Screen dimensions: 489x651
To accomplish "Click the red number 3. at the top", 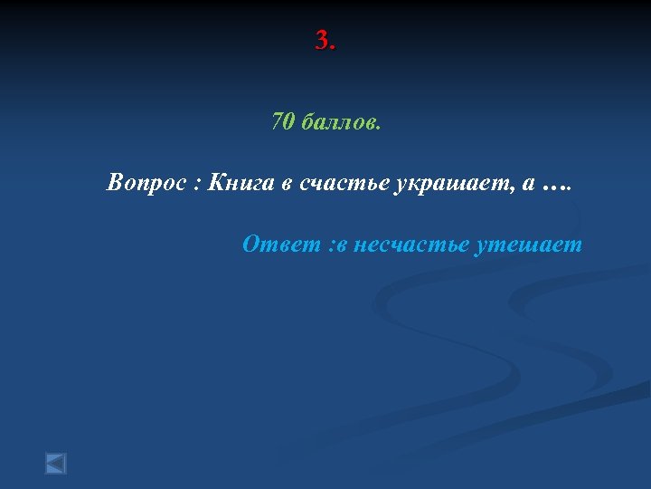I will [x=325, y=41].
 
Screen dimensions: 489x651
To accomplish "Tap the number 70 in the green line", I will [x=283, y=121].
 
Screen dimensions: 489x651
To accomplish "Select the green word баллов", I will [x=335, y=121].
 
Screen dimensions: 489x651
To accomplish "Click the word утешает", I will [x=528, y=244].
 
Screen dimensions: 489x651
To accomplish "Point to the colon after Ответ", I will [x=332, y=246].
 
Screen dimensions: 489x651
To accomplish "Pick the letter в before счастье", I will [x=286, y=186].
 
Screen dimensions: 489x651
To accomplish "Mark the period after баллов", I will [x=379, y=127].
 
